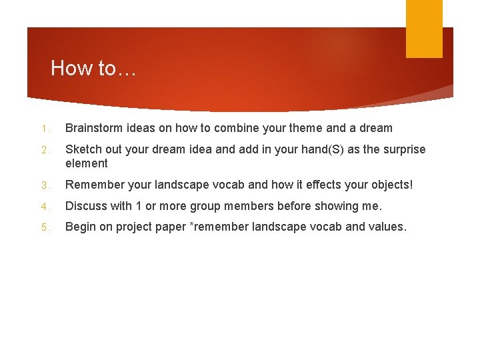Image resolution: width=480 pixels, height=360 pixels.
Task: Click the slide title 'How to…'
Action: click(93, 68)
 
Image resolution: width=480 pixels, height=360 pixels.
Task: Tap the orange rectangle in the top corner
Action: click(424, 29)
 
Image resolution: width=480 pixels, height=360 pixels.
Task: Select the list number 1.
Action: click(42, 129)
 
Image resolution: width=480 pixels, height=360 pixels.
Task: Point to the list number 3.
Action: click(42, 184)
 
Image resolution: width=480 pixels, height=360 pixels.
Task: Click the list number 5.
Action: click(42, 227)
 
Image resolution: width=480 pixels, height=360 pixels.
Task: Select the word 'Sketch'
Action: click(83, 149)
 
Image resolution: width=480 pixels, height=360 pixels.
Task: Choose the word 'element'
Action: click(87, 163)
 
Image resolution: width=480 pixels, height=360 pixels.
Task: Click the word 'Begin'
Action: click(80, 227)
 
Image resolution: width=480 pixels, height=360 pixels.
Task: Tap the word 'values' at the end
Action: click(385, 227)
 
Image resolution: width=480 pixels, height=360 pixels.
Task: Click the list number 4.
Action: click(42, 206)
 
